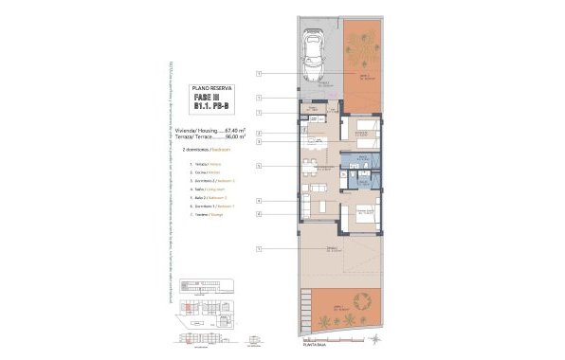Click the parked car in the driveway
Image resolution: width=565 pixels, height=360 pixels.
click(x=313, y=56)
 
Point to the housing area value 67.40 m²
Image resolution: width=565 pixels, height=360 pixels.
click(x=233, y=130)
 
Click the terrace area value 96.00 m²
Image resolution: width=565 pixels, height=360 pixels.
click(x=233, y=137)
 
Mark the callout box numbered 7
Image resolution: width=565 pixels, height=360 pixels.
click(x=258, y=113)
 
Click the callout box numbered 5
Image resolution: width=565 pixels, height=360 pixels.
click(x=258, y=167)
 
